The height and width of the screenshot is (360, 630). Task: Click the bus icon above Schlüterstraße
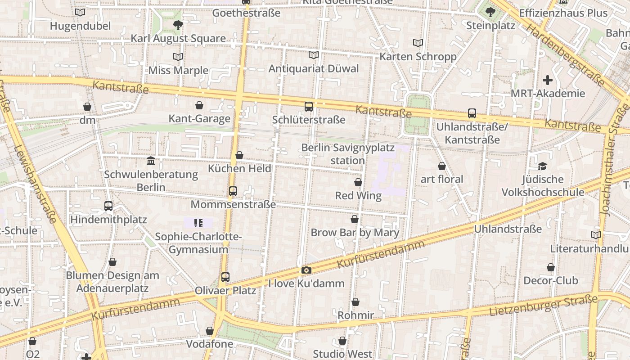tap(309, 107)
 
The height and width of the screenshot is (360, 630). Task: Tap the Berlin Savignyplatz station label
tap(347, 154)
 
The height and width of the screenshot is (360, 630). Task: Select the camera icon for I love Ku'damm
tap(306, 270)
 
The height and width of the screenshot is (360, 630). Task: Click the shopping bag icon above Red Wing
tap(358, 182)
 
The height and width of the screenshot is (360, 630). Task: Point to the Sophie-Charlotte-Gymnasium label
tap(198, 243)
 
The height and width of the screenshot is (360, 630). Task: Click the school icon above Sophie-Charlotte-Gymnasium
tap(198, 223)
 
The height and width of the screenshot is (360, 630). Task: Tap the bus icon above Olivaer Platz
tap(225, 277)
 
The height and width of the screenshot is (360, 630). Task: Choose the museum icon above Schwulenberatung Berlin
tap(151, 161)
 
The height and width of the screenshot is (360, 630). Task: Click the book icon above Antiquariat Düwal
tap(314, 55)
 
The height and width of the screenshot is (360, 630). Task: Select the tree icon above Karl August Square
tap(178, 25)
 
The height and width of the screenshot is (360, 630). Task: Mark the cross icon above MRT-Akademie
tap(548, 81)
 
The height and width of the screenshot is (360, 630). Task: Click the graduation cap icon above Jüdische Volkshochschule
tap(543, 166)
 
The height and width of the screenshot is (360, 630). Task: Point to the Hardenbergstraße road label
tap(565, 55)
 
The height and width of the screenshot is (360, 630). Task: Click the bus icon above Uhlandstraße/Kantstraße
tap(472, 113)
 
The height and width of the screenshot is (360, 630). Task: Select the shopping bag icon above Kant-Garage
tap(199, 105)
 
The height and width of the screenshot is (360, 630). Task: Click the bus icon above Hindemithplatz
tap(108, 206)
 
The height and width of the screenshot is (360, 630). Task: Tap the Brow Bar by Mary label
tap(355, 233)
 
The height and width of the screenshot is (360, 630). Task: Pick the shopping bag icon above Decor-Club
tap(551, 267)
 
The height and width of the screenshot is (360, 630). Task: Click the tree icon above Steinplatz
tap(490, 12)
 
